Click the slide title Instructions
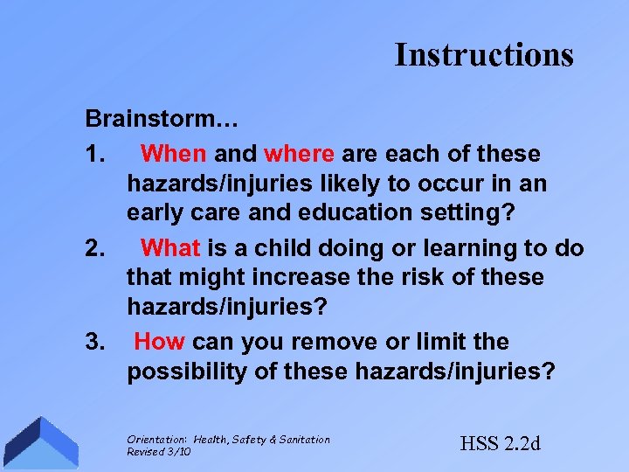pyautogui.click(x=484, y=54)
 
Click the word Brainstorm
pyautogui.click(x=140, y=117)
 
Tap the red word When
pyautogui.click(x=174, y=155)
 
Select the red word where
pyautogui.click(x=299, y=155)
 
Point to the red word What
pyautogui.click(x=170, y=248)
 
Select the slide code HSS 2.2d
pyautogui.click(x=501, y=443)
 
